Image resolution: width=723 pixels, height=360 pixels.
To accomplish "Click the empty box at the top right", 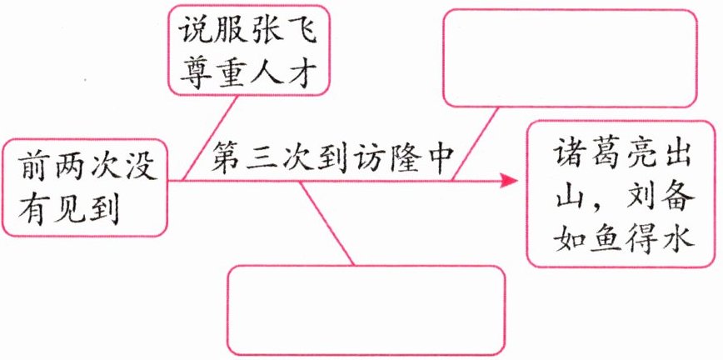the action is click(570, 58).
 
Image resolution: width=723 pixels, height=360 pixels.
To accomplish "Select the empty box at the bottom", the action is click(366, 309).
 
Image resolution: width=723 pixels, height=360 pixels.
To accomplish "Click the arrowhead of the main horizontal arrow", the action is click(509, 179).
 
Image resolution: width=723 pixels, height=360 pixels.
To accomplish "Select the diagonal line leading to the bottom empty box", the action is click(327, 222).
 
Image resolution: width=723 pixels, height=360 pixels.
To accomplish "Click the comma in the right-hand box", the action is click(593, 204).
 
